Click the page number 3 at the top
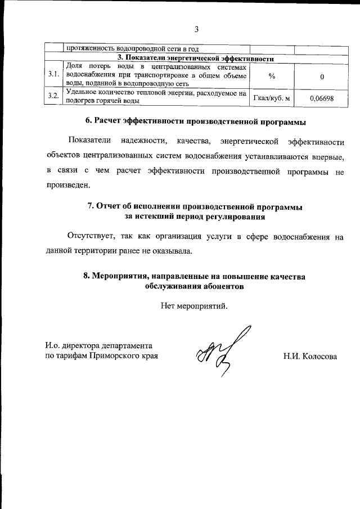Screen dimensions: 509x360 point(197,29)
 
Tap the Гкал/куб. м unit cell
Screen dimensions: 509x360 point(272,98)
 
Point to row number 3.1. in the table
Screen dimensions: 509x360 point(53,75)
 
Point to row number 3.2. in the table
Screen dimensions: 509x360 point(53,97)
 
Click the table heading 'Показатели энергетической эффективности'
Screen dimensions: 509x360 point(196,58)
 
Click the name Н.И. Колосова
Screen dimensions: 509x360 point(311,356)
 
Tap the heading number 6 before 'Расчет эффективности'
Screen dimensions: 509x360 point(88,120)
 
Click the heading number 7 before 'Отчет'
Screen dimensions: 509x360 point(91,205)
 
